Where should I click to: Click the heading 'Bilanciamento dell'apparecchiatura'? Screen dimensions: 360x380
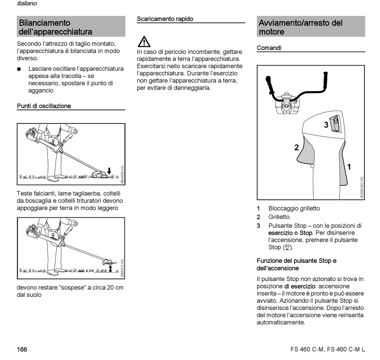point(56,27)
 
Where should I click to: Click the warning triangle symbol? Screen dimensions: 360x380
point(144,42)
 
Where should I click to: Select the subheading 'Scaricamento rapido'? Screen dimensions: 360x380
point(165,19)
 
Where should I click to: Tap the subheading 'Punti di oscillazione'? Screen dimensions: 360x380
point(44,106)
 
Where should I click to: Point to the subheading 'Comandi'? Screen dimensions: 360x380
point(269,48)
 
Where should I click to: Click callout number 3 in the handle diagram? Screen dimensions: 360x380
point(326,125)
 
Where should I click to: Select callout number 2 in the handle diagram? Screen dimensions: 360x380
point(296,147)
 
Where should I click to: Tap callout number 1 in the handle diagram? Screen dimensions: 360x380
point(349,167)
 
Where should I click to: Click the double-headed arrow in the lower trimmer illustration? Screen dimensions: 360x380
point(110,268)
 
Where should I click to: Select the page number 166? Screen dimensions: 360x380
point(22,350)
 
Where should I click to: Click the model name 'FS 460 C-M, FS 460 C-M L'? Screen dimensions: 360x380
point(328,350)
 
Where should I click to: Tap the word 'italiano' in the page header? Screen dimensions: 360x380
point(27,4)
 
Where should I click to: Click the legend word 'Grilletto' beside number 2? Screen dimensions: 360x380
point(279,217)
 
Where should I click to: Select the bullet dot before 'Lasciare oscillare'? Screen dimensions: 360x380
point(19,69)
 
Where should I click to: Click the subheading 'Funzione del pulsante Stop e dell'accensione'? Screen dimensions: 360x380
point(296,265)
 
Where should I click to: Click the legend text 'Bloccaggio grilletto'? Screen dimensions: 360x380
point(294,208)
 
